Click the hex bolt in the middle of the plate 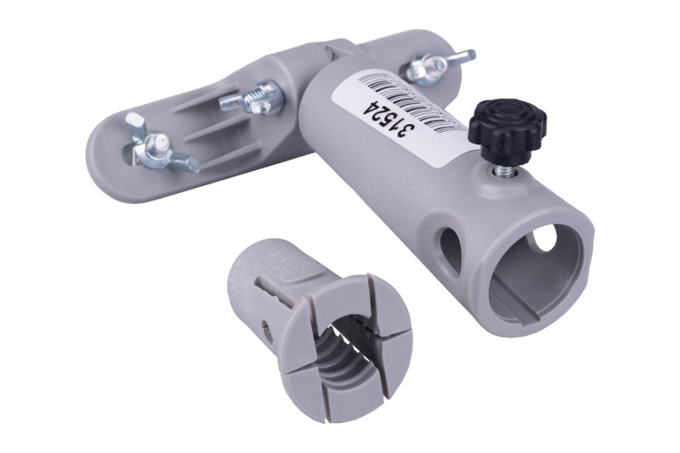click(x=252, y=99)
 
